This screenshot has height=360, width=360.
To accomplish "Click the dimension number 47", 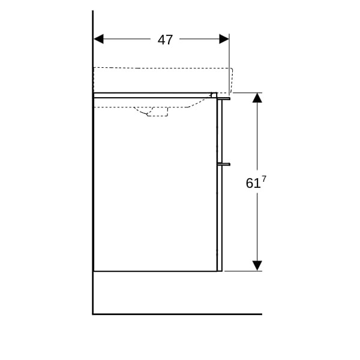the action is click(165, 40).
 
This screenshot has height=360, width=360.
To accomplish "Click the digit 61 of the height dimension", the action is click(253, 184).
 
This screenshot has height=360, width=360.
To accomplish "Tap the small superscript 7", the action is click(264, 179).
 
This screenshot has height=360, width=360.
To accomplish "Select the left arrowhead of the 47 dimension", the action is click(99, 39).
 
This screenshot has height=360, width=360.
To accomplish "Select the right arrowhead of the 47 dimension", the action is click(224, 39).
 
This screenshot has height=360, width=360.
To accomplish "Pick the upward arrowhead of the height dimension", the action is click(257, 98).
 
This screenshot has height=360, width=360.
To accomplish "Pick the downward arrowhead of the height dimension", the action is click(257, 266).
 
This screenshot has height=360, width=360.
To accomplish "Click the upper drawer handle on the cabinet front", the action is click(224, 99).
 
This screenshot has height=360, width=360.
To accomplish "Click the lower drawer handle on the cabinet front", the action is click(224, 164).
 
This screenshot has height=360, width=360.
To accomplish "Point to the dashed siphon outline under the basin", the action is click(152, 112).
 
